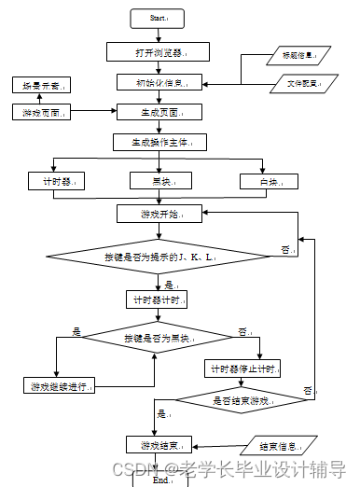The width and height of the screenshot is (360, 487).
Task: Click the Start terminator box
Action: [x=159, y=17]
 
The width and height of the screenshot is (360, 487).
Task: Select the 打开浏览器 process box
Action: [x=158, y=51]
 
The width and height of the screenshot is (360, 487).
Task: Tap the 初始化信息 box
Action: [x=158, y=82]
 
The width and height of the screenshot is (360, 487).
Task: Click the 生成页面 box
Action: [x=158, y=112]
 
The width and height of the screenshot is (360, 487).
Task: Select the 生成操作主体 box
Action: [x=158, y=143]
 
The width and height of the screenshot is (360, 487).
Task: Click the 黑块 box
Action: [x=158, y=180]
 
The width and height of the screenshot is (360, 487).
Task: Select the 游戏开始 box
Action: [x=158, y=215]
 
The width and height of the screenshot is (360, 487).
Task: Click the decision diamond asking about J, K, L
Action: [x=158, y=254]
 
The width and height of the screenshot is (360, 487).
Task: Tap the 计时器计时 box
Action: [x=158, y=299]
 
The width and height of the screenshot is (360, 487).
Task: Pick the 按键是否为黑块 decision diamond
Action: [x=158, y=338]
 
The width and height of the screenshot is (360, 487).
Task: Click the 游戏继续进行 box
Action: [x=59, y=385]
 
